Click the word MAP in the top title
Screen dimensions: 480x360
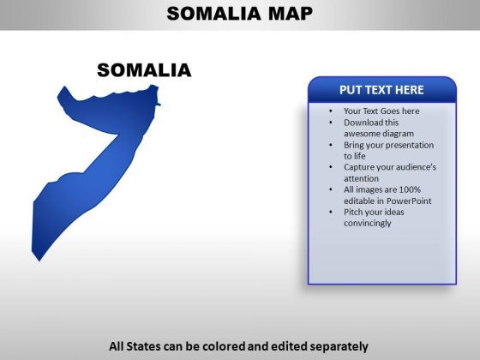[x=291, y=14]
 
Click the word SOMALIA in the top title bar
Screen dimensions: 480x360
[x=214, y=14]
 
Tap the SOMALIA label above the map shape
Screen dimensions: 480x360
[x=144, y=70]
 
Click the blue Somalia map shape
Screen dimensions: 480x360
[x=101, y=153]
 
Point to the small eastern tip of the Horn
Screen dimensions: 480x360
[x=159, y=105]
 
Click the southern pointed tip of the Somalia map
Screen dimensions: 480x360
[x=39, y=261]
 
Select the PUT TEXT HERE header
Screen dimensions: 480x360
[x=381, y=90]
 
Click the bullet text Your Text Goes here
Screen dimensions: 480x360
[x=381, y=111]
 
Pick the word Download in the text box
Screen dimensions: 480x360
[x=363, y=123]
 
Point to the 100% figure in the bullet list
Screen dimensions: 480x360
[x=410, y=189]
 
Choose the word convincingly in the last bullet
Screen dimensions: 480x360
[x=368, y=223]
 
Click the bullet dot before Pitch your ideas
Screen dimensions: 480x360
[x=331, y=212]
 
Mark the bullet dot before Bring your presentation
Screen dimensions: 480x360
[x=331, y=145]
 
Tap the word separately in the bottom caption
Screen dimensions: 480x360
[x=339, y=347]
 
